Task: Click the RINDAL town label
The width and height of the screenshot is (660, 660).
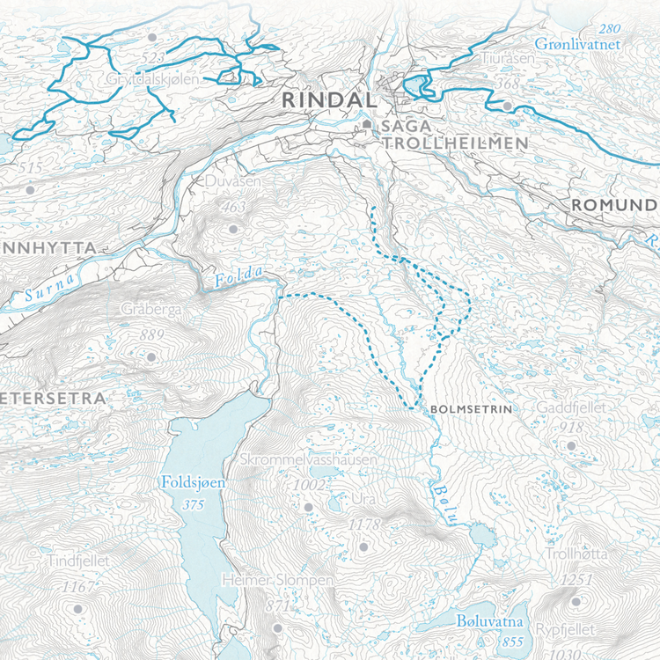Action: pyautogui.click(x=322, y=100)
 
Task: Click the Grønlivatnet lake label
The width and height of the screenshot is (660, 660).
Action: pyautogui.click(x=578, y=44)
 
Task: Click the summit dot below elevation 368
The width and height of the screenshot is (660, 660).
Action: pyautogui.click(x=508, y=106)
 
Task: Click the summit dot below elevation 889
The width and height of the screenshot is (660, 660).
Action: pyautogui.click(x=150, y=357)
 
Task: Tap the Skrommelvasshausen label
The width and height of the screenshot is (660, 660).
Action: pyautogui.click(x=307, y=460)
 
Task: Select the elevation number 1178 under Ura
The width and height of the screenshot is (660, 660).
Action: pyautogui.click(x=364, y=524)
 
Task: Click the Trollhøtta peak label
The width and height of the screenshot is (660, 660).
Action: pyautogui.click(x=576, y=554)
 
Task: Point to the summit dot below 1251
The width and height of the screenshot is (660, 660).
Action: pyautogui.click(x=576, y=602)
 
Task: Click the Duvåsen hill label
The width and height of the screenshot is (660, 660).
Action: pyautogui.click(x=233, y=181)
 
